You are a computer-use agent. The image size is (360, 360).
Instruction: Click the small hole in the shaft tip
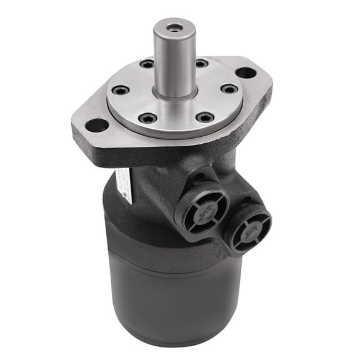click(x=174, y=27)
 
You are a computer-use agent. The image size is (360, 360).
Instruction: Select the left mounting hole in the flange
click(x=97, y=125)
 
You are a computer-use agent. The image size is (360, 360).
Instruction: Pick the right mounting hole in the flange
click(x=246, y=72)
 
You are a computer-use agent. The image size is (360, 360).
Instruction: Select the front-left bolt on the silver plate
click(x=148, y=117)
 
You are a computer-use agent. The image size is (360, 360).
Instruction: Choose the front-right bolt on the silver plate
click(x=204, y=117)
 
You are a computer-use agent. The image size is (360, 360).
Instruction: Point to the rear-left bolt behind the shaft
click(x=147, y=64)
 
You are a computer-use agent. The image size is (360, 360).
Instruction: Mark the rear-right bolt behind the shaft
click(x=201, y=63)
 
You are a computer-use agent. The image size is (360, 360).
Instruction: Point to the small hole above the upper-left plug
click(x=197, y=179)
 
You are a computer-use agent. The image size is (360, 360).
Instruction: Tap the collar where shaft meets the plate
click(x=174, y=94)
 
